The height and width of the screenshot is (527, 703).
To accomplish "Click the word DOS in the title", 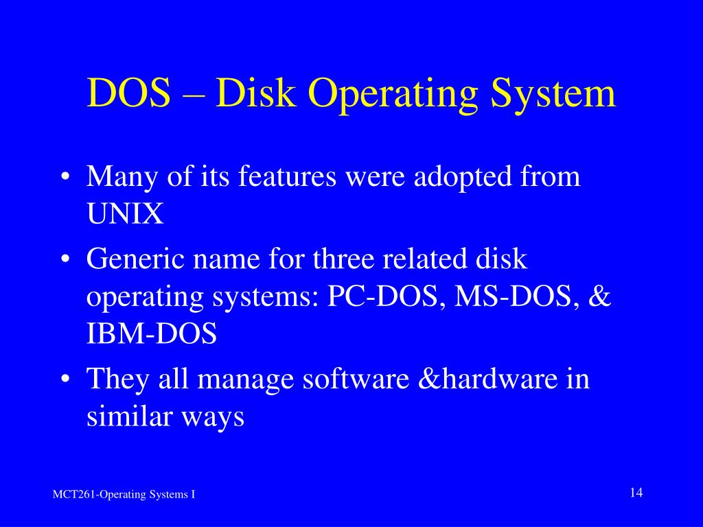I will click(128, 93).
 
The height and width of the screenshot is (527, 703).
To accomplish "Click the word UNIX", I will click(125, 215).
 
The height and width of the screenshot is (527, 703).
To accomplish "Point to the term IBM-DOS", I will click(152, 335).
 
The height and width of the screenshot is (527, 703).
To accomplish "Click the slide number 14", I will click(635, 493).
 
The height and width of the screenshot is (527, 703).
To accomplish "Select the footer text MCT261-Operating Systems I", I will click(124, 495).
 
